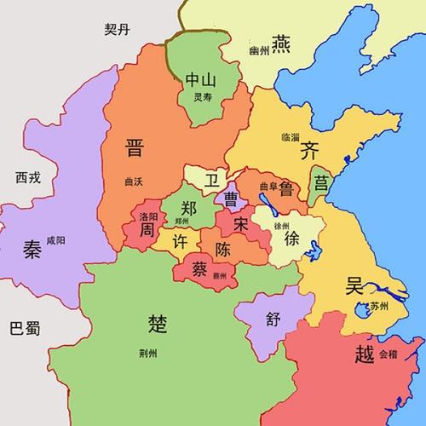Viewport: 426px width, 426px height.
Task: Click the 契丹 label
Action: [x=119, y=29]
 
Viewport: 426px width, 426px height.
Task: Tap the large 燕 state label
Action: [x=282, y=42]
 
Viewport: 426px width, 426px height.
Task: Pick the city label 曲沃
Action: [x=134, y=181]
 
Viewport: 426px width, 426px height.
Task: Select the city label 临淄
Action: [x=291, y=136]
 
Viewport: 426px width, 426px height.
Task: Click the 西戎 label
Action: [x=28, y=177]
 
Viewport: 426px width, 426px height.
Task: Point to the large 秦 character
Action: [x=32, y=250]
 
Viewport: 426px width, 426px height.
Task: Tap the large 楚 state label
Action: [x=158, y=322]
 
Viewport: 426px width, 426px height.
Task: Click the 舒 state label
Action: [x=273, y=319]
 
